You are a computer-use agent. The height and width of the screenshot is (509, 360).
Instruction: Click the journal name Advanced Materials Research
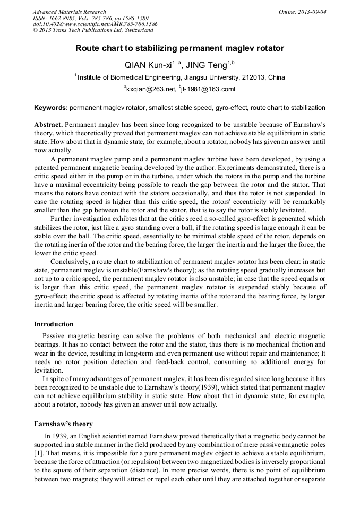click(x=69, y=12)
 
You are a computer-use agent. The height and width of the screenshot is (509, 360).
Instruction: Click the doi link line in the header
click(x=95, y=24)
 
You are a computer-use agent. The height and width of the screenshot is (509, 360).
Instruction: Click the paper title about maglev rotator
click(x=179, y=48)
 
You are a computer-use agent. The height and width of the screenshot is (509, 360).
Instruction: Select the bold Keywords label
click(x=51, y=108)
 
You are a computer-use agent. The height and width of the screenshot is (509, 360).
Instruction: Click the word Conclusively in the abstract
click(x=70, y=261)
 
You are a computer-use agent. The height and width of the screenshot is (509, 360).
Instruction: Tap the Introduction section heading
click(x=54, y=324)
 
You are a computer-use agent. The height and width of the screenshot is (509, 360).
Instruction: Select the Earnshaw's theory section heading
click(x=63, y=424)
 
